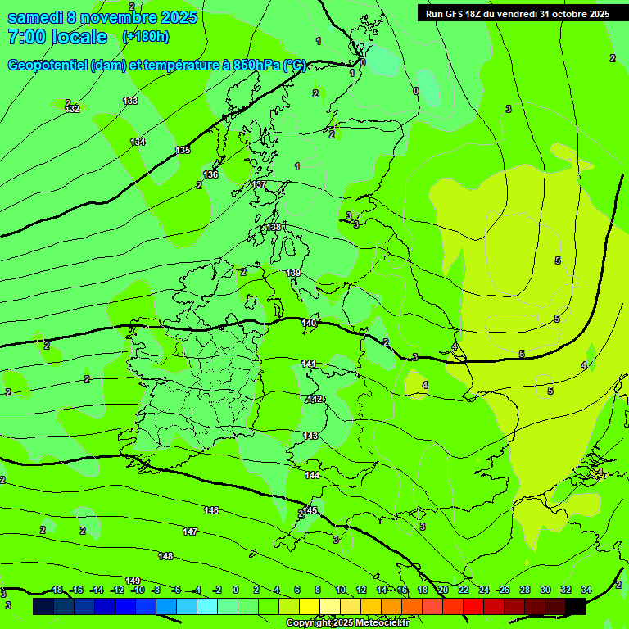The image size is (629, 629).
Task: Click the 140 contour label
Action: point(309,324)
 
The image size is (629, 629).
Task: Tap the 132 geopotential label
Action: point(72,109)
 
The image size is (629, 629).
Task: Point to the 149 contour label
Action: point(133,581)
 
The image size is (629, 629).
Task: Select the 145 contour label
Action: point(310,510)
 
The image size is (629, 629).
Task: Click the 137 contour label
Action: point(259,185)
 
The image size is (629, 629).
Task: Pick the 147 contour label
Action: point(190,532)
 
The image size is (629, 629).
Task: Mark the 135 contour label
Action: point(183,150)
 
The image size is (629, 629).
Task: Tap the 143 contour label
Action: point(310,436)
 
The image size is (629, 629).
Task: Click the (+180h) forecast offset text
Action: point(145,36)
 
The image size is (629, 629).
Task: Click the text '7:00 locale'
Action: point(57,37)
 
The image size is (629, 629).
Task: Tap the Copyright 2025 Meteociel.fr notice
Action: point(347,623)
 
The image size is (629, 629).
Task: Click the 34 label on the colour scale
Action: point(586,590)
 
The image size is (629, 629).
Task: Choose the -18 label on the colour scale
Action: point(56,590)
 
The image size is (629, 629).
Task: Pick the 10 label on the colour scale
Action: point(341,590)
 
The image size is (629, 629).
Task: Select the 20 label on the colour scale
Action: point(443,590)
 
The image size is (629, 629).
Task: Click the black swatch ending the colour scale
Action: point(576,606)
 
